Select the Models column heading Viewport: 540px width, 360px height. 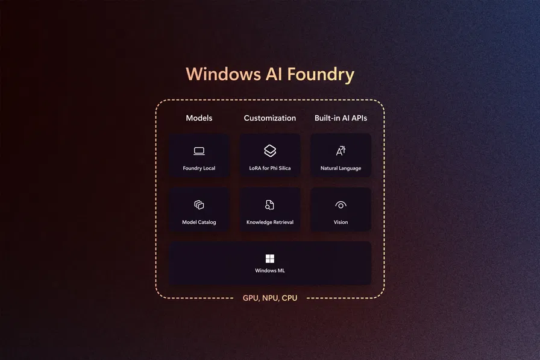199,118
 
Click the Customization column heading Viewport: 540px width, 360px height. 270,118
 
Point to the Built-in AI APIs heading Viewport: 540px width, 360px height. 341,118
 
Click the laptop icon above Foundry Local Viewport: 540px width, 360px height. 199,151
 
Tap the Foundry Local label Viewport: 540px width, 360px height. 199,168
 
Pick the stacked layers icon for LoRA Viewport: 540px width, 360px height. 270,151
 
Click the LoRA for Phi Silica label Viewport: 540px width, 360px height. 270,168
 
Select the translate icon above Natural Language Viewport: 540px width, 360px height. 341,151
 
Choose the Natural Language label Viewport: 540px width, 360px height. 341,168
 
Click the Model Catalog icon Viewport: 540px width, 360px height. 199,205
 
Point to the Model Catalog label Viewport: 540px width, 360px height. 199,223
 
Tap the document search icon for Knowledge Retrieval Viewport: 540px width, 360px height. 270,205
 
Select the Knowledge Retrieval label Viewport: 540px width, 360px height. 270,223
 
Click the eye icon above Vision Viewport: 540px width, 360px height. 341,205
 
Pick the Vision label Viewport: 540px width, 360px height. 341,223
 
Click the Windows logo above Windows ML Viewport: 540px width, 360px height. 270,258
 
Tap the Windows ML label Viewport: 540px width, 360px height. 270,271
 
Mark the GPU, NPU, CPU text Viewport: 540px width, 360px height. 270,298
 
